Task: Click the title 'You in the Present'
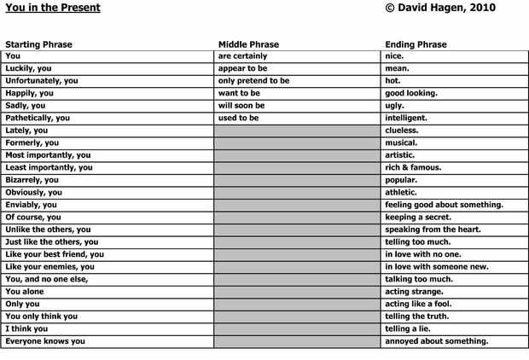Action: [53, 8]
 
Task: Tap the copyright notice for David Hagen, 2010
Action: [440, 8]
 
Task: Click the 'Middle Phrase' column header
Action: [248, 44]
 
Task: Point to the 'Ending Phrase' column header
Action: [416, 44]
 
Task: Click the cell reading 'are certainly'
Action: [242, 56]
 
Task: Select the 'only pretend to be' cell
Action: [253, 81]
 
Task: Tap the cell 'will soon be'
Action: [241, 106]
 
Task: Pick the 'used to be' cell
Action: [238, 118]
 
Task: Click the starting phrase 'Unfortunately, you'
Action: [42, 81]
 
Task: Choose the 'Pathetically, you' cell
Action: [38, 118]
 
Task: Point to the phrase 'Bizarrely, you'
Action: [32, 180]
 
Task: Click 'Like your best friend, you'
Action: [55, 254]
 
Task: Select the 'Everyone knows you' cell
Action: [45, 341]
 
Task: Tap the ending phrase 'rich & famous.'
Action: [413, 167]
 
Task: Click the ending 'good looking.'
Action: [411, 93]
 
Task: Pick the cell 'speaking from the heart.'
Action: [433, 229]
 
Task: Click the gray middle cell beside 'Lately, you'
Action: [297, 131]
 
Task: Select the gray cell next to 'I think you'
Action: [297, 328]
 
